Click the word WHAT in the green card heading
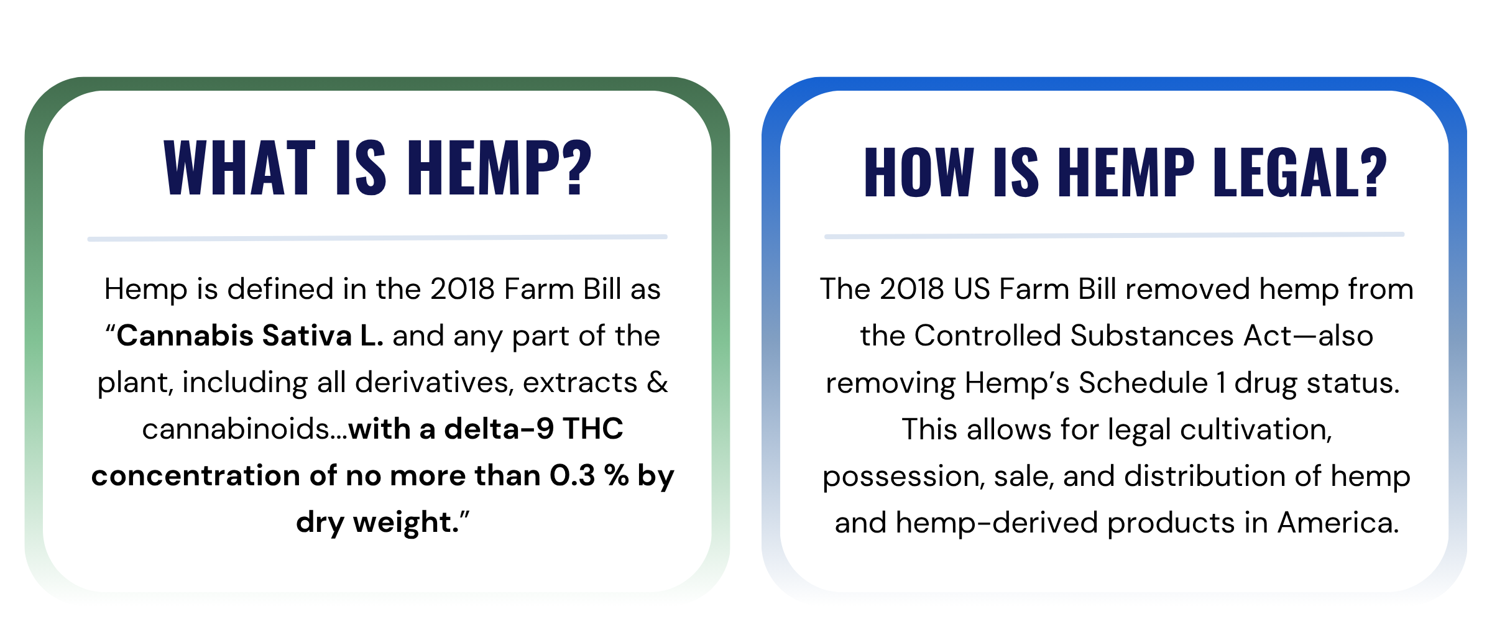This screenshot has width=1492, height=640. pos(240,167)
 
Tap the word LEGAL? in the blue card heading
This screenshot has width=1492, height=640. pos(1300,172)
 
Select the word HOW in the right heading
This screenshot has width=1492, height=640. pos(919,172)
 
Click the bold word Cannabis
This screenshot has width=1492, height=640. pos(185,336)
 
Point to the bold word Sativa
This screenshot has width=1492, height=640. pos(307,336)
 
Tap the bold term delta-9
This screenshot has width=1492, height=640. pos(499,429)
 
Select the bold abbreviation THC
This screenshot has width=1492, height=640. pos(592,429)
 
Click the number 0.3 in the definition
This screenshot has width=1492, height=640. pos(573,475)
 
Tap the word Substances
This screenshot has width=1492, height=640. pos(1152,336)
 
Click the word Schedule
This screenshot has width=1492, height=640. pos(1143,383)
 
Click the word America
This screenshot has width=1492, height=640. pos(1338,523)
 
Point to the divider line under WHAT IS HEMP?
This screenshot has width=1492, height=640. pos(377,237)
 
